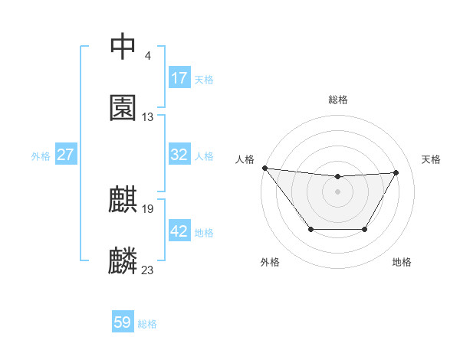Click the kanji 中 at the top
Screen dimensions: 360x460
click(123, 47)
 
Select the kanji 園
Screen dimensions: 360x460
click(123, 108)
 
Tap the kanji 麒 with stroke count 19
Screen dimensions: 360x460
click(123, 200)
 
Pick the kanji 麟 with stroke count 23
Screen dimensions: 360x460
click(123, 260)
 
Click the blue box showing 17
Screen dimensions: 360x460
click(179, 78)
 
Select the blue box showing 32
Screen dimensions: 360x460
click(179, 155)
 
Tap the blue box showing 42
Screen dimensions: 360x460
click(179, 231)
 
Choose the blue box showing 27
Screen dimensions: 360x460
click(66, 155)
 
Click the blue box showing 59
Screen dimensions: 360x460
click(123, 322)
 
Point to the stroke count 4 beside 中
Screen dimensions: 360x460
click(148, 56)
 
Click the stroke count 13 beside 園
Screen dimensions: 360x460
click(148, 117)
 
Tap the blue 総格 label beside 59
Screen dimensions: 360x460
click(147, 324)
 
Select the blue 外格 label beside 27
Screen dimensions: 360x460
click(41, 156)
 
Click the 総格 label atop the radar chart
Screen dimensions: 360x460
click(338, 100)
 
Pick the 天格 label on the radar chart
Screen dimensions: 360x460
click(432, 159)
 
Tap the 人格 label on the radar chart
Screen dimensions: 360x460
click(245, 159)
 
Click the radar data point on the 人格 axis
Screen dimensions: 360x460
click(264, 168)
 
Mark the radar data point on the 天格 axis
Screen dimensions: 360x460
click(396, 172)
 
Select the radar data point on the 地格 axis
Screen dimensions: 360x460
click(365, 229)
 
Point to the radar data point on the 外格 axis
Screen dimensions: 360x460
click(310, 229)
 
